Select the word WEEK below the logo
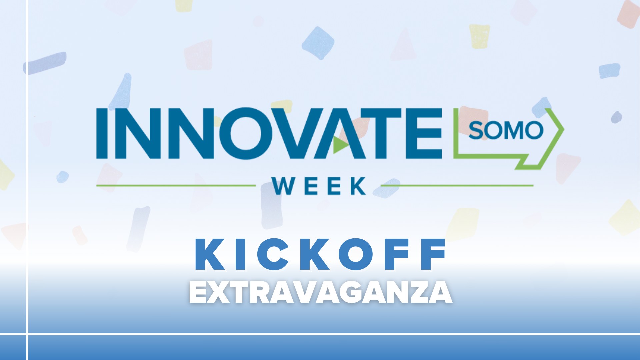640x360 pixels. coord(319,186)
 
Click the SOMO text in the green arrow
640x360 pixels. coord(506,130)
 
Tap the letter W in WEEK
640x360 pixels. coord(283,186)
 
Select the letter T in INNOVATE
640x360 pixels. coord(383,133)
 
